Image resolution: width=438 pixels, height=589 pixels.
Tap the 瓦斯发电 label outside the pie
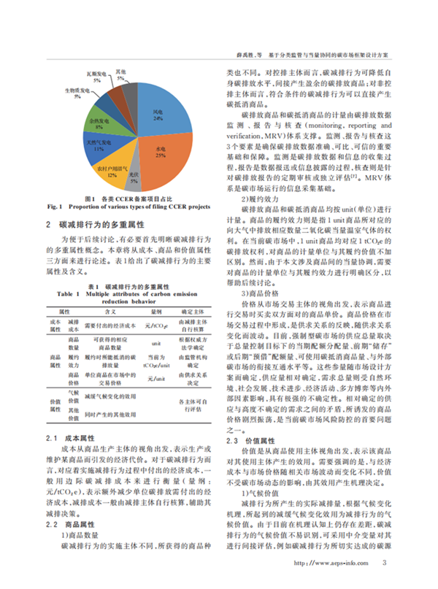[93, 74]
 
